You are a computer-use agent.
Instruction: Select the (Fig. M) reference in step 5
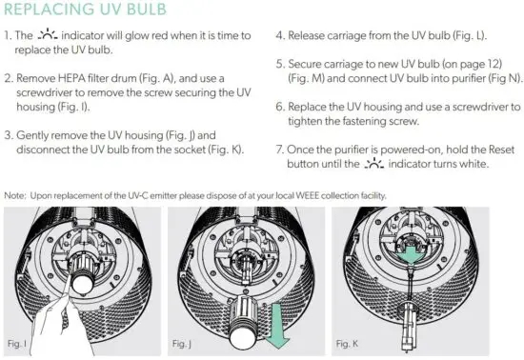(x=312, y=82)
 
